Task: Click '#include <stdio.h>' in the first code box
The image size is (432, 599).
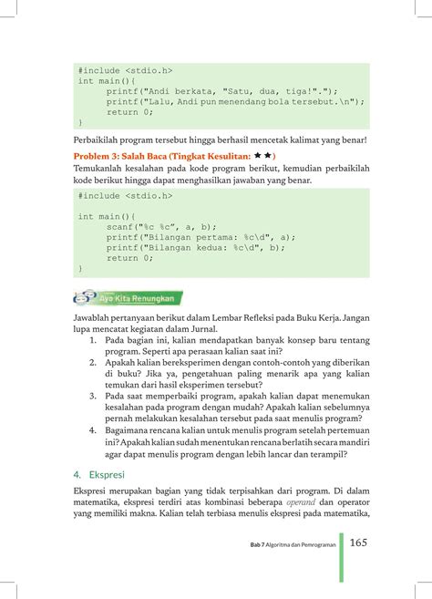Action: tap(125, 69)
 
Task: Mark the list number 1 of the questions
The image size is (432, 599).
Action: tap(94, 338)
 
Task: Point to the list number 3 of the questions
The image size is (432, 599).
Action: tap(94, 397)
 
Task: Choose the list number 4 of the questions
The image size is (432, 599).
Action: tap(94, 429)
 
